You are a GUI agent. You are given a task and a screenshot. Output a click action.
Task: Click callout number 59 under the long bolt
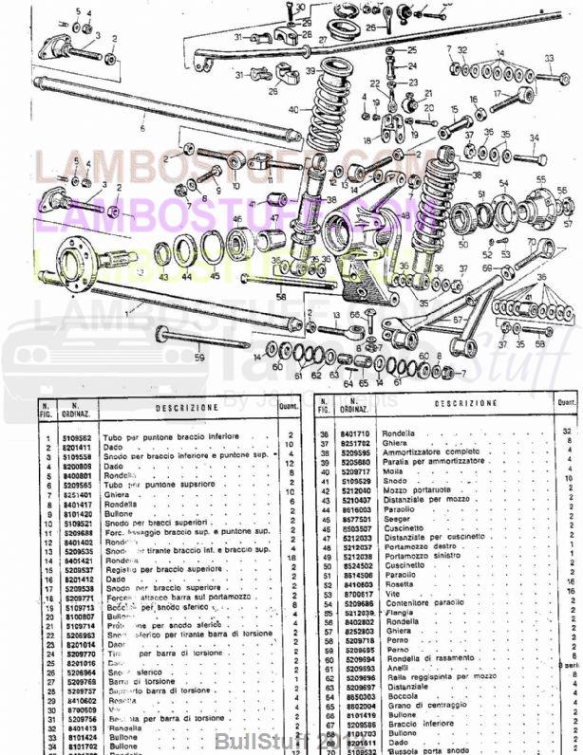(x=199, y=359)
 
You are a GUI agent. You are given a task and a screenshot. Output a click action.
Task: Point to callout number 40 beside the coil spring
(x=293, y=109)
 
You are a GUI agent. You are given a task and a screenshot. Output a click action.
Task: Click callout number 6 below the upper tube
(x=141, y=127)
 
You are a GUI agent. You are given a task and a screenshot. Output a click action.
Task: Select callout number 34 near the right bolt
(x=533, y=138)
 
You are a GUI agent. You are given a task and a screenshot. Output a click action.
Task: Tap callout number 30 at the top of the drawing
(x=300, y=8)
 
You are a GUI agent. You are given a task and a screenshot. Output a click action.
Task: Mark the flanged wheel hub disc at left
(x=74, y=262)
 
